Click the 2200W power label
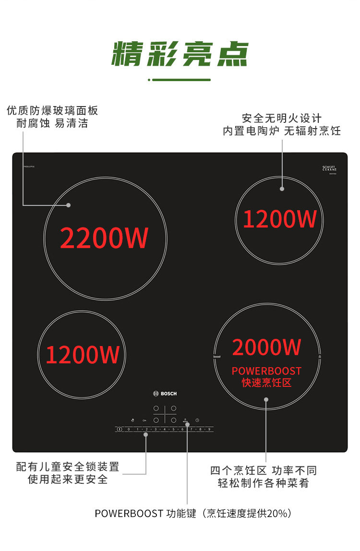pyautogui.click(x=104, y=238)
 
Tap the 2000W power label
pyautogui.click(x=266, y=347)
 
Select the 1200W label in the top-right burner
pyautogui.click(x=279, y=219)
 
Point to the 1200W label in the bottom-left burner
pyautogui.click(x=83, y=355)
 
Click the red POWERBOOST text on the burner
pyautogui.click(x=266, y=371)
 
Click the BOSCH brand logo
pyautogui.click(x=165, y=394)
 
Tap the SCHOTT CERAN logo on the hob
pyautogui.click(x=329, y=168)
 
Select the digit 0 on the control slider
pyautogui.click(x=129, y=429)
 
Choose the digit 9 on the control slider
pyautogui.click(x=209, y=429)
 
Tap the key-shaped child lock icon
pyautogui.click(x=144, y=420)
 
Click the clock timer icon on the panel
pyautogui.click(x=197, y=420)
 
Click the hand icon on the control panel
pyautogui.click(x=132, y=420)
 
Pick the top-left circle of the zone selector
pyautogui.click(x=156, y=408)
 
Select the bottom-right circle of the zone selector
pyautogui.click(x=174, y=420)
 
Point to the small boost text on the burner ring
pyautogui.click(x=216, y=358)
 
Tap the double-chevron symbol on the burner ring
pyautogui.click(x=319, y=357)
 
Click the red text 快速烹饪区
pyautogui.click(x=266, y=383)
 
